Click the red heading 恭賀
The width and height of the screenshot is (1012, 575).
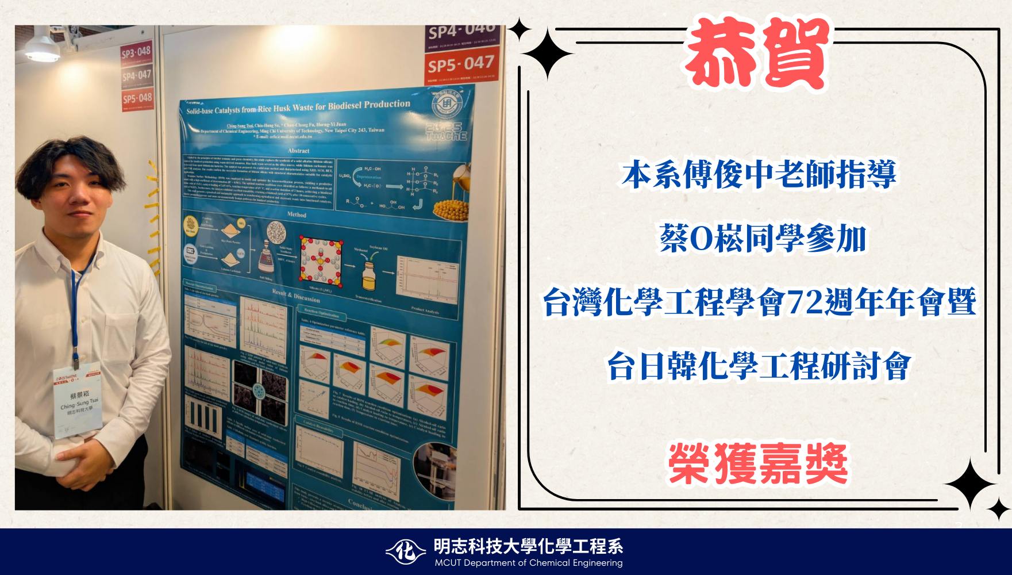(x=757, y=53)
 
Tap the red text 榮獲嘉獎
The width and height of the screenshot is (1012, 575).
(x=758, y=464)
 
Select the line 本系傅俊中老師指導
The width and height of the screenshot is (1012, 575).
(x=759, y=175)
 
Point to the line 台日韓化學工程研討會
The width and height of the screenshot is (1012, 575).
(x=759, y=366)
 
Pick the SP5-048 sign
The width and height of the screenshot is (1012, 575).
(x=137, y=98)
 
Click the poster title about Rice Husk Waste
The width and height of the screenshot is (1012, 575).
(x=298, y=107)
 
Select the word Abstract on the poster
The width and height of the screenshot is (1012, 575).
(x=298, y=151)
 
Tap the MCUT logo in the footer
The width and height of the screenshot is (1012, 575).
(x=406, y=552)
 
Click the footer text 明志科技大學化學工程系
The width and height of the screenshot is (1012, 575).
(x=528, y=546)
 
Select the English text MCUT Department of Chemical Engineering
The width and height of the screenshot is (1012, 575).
(x=528, y=563)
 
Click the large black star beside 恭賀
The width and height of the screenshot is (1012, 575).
(x=547, y=53)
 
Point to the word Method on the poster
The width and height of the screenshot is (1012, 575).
(x=297, y=214)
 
